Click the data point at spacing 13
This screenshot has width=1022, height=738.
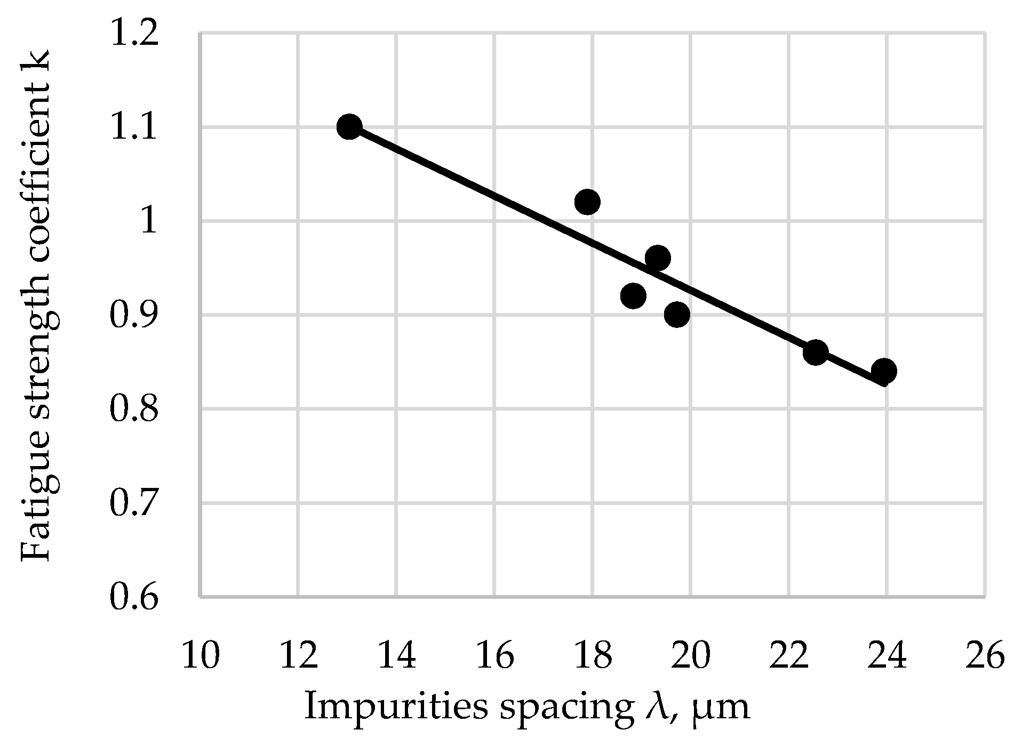349,127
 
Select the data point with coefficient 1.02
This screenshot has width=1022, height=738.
587,202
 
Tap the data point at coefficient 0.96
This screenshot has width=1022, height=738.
658,259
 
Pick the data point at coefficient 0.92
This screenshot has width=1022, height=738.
633,296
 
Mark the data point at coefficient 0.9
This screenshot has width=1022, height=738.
677,315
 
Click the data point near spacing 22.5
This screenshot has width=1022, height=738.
815,352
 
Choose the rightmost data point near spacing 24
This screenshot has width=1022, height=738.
883,371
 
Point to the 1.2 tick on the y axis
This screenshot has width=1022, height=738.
134,34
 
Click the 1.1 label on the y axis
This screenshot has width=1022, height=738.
134,128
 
